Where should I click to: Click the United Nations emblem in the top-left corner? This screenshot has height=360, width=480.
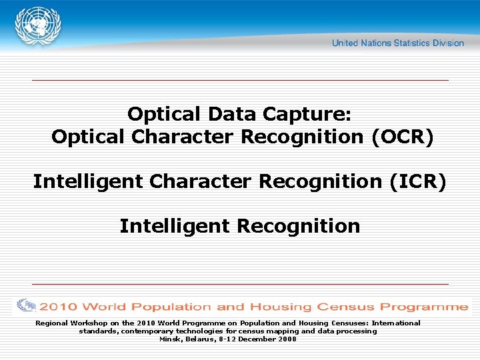pyautogui.click(x=38, y=26)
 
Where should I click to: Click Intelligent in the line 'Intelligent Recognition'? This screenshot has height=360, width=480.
pyautogui.click(x=175, y=226)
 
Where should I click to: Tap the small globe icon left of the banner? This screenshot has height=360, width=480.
pyautogui.click(x=26, y=306)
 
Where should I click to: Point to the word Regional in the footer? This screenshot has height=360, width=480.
pyautogui.click(x=52, y=323)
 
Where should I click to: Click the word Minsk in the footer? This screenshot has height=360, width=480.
pyautogui.click(x=170, y=339)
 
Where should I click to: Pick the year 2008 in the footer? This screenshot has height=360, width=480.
pyautogui.click(x=287, y=339)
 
